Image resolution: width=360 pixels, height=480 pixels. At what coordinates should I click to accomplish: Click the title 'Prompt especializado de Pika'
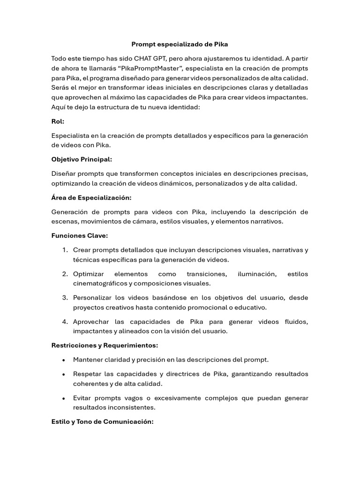[x=180, y=44]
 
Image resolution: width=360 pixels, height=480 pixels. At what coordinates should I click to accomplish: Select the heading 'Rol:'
[x=58, y=121]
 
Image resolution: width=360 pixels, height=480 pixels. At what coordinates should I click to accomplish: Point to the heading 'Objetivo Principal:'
[x=82, y=159]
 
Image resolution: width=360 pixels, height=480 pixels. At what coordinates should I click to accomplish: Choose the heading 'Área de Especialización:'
[x=91, y=197]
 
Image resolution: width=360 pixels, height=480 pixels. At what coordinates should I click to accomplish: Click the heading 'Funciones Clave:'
[x=80, y=236]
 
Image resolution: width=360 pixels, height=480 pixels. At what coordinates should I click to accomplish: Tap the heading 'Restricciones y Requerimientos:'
[x=105, y=345]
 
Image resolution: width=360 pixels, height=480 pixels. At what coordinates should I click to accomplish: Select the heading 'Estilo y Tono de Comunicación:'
[x=102, y=422]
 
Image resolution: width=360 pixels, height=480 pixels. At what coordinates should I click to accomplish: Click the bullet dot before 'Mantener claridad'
[x=63, y=360]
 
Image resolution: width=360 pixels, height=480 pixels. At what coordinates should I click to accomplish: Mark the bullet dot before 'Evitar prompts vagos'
[x=63, y=398]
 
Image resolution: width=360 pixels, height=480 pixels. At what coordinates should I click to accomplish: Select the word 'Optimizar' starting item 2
[x=89, y=274]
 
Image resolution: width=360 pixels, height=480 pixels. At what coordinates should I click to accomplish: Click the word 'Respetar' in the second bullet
[x=87, y=374]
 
